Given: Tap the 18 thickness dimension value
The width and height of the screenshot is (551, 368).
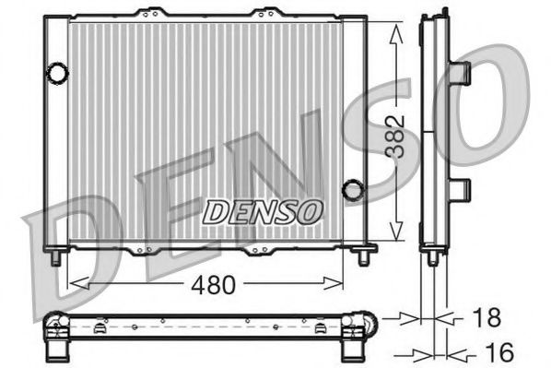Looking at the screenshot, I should click(x=487, y=318).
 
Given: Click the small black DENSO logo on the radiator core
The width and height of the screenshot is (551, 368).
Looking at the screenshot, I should click(x=263, y=211).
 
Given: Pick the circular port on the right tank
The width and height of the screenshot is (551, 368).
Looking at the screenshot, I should click(x=352, y=190).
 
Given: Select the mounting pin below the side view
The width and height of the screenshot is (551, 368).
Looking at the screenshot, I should click(x=432, y=257).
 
